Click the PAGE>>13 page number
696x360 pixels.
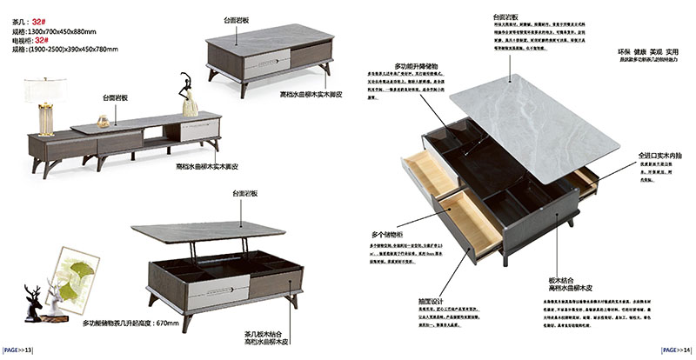pyautogui.click(x=18, y=350)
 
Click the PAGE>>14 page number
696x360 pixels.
pyautogui.click(x=676, y=350)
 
